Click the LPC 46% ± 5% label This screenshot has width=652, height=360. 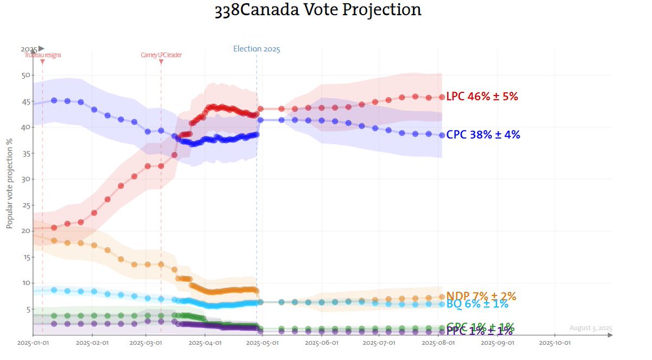coord(482,97)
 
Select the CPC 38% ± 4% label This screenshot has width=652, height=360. coord(483,135)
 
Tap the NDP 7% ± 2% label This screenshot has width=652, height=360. coord(481,296)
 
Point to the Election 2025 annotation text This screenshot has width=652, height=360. coord(256,49)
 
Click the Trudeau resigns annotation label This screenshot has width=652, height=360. coord(42,55)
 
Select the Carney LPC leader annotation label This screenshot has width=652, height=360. coord(161,55)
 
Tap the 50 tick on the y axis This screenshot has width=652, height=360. coord(24,75)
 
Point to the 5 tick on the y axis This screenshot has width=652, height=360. coord(26,310)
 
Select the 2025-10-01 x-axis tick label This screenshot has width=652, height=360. coord(554,343)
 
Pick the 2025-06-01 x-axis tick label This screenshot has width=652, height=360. coord(322,343)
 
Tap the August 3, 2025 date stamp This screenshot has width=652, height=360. coord(591,328)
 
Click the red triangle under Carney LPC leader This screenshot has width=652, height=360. coord(161,62)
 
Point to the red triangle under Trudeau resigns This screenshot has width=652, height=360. coord(42,62)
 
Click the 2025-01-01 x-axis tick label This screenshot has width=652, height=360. coord(34,343)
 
